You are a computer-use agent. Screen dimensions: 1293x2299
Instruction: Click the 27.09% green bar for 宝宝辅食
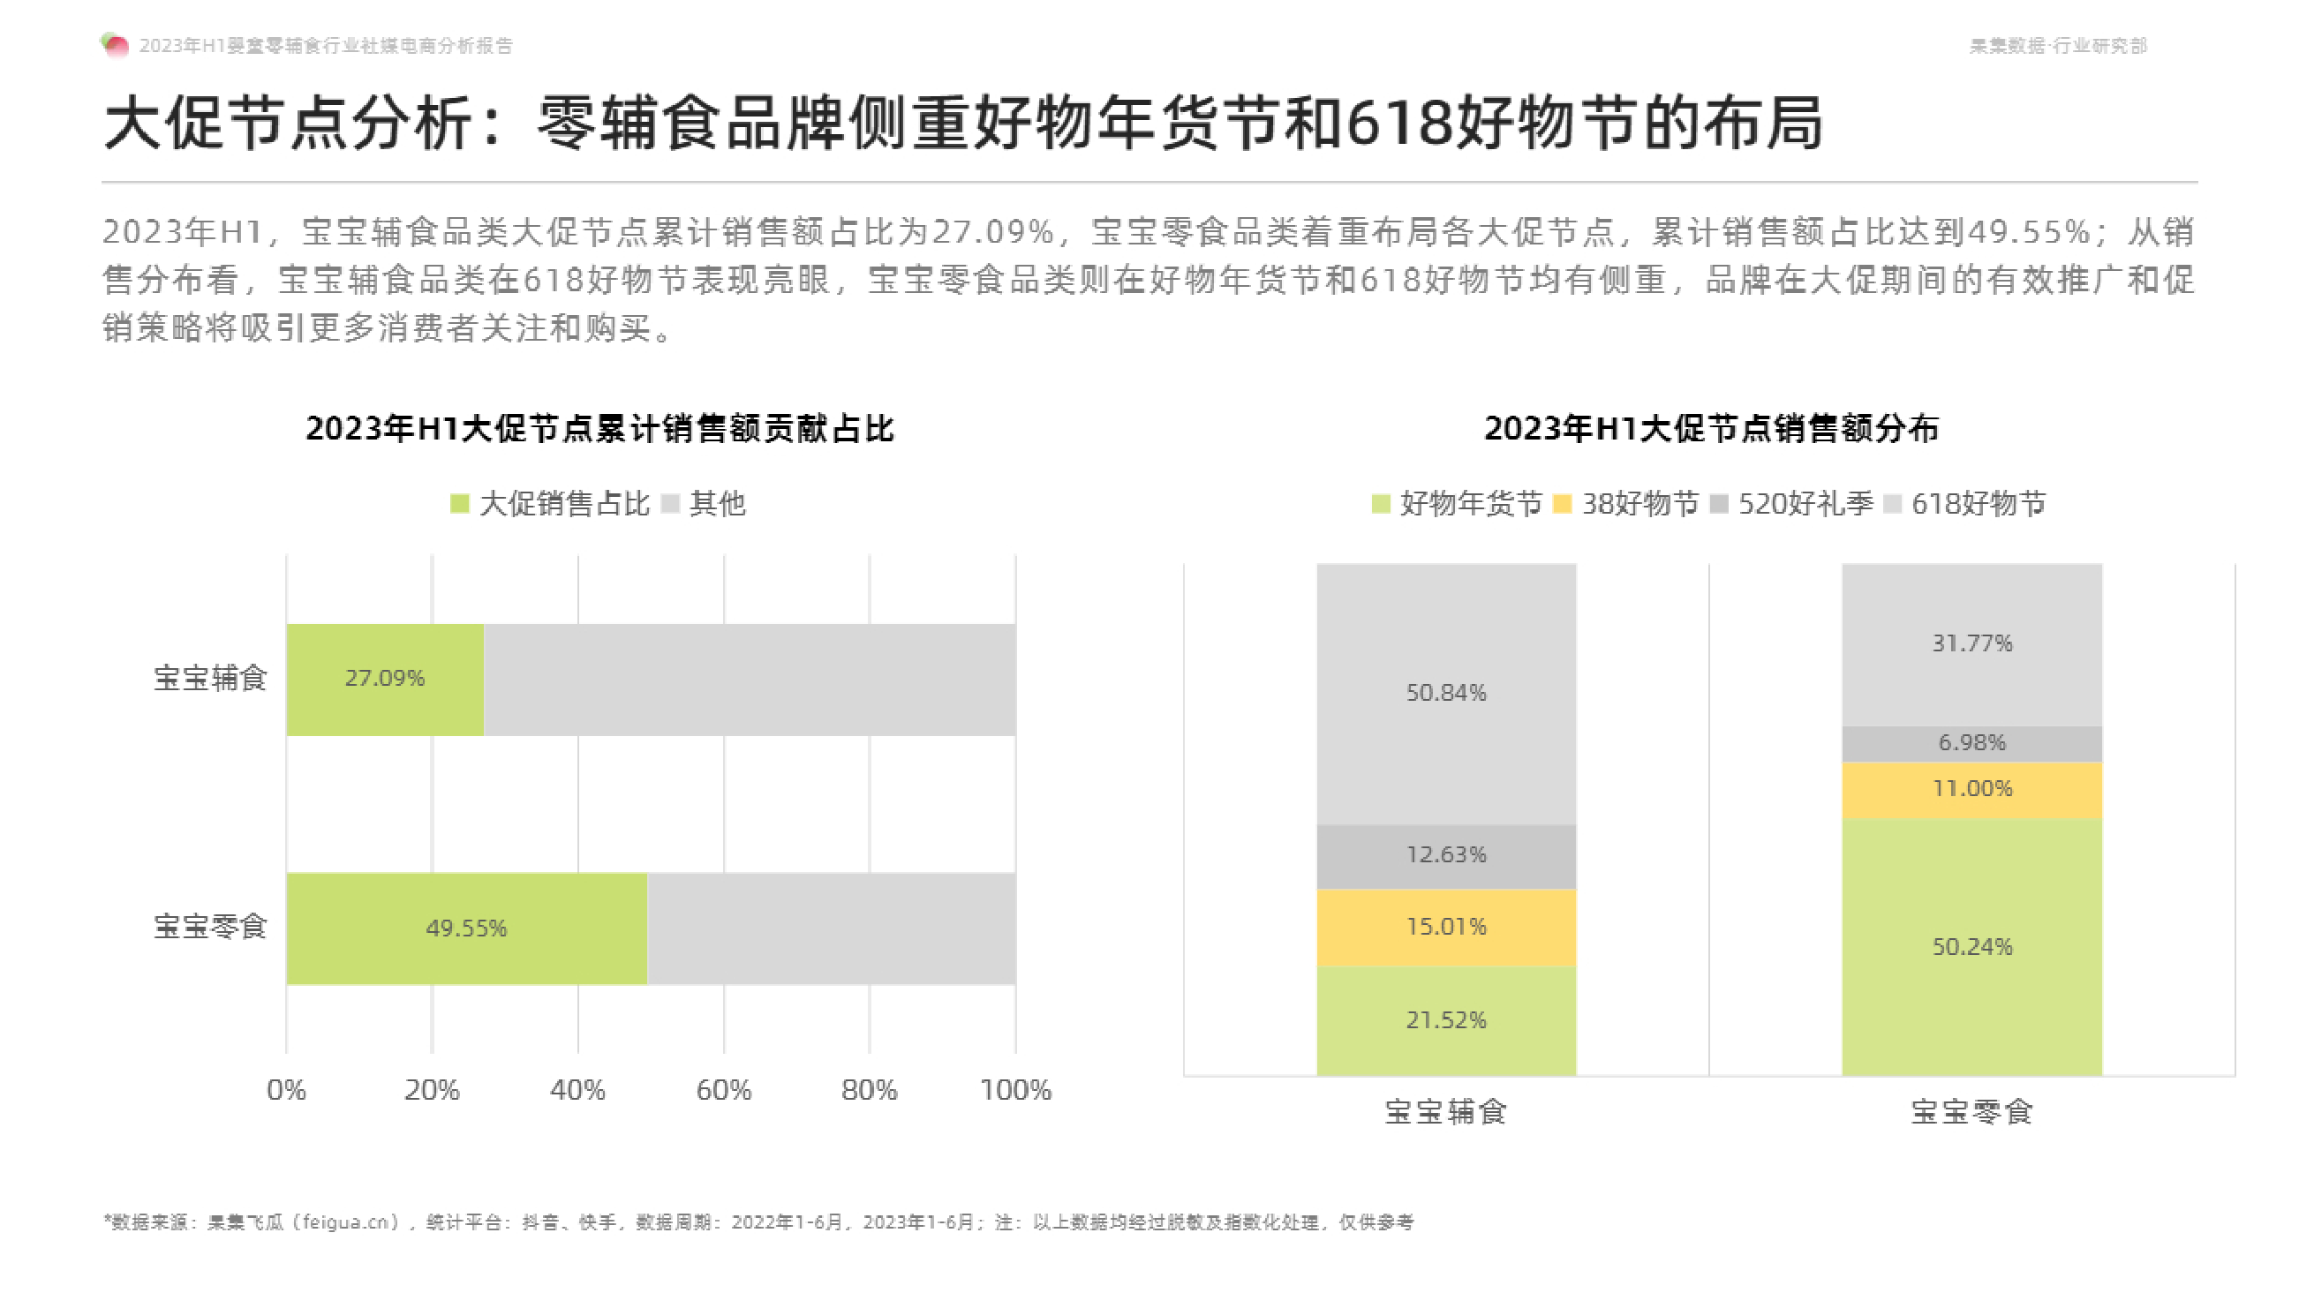point(385,679)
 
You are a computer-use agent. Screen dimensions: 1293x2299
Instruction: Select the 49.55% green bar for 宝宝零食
point(466,928)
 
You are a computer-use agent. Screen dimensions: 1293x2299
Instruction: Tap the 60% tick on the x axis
point(723,1089)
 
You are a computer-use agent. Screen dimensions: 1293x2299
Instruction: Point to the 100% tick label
point(1014,1089)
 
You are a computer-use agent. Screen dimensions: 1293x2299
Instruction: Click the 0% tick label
point(286,1089)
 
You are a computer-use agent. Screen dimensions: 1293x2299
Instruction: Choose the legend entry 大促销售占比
point(550,504)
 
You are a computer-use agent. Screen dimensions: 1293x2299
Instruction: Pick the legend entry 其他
point(705,504)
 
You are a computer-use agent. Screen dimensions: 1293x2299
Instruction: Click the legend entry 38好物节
point(1626,504)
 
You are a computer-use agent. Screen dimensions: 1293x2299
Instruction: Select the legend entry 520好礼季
point(1792,504)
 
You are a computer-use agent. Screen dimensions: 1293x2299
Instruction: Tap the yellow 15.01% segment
point(1446,927)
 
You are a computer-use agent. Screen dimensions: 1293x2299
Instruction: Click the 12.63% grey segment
point(1446,855)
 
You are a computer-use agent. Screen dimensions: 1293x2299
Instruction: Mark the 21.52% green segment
point(1446,1020)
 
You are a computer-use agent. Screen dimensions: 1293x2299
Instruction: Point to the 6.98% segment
point(1971,743)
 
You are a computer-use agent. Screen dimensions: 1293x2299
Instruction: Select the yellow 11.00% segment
point(1971,789)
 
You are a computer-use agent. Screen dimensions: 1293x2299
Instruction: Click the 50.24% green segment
point(1971,947)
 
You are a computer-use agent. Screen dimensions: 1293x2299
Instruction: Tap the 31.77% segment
point(1971,643)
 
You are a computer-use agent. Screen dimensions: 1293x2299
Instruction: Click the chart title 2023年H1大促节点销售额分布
point(1711,429)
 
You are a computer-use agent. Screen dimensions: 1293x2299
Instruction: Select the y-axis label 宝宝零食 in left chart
point(210,927)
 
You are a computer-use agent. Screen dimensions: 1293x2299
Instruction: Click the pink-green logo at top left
point(115,45)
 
